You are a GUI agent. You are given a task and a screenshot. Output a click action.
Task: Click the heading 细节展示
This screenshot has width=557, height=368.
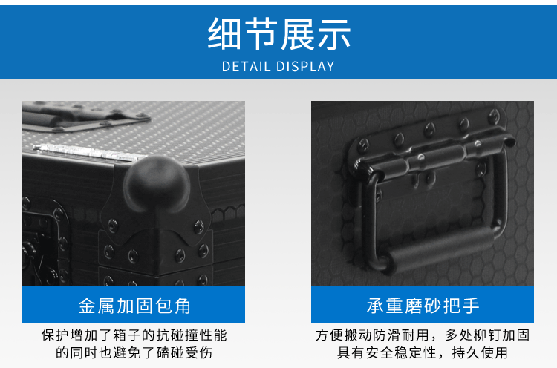[278, 34]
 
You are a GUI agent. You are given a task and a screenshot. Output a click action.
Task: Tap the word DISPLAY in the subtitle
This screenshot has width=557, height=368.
[305, 67]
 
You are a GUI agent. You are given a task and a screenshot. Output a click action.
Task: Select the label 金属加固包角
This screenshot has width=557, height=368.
[134, 306]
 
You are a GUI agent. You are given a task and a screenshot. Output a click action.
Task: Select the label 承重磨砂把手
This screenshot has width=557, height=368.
[423, 306]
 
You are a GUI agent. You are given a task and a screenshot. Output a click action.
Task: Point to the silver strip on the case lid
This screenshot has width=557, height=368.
[89, 154]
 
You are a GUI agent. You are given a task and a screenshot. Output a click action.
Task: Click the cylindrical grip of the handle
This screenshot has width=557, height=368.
[440, 249]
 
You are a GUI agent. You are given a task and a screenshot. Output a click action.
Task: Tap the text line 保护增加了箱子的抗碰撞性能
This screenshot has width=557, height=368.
[134, 335]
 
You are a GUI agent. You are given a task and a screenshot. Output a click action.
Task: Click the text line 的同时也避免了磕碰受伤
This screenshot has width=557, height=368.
[134, 352]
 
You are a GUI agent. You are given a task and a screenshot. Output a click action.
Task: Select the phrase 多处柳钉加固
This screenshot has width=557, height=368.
[487, 335]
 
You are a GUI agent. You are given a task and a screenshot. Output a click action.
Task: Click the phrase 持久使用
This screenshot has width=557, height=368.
[480, 352]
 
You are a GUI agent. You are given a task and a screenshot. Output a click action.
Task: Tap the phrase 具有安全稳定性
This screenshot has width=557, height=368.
[387, 352]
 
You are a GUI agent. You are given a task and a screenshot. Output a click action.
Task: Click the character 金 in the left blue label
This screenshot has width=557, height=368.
[87, 306]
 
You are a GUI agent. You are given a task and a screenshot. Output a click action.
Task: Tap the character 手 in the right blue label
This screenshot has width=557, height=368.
[471, 306]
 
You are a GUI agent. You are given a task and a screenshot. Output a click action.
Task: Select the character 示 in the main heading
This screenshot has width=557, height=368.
[334, 34]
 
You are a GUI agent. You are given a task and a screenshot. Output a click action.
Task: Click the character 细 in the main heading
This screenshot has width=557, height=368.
[224, 34]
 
